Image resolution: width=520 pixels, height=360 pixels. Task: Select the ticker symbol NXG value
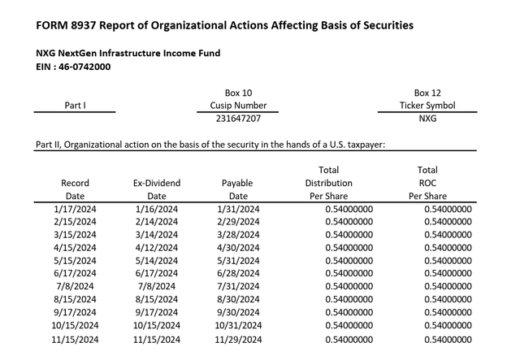tap(427, 119)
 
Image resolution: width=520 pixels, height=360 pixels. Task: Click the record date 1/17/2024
tap(75, 209)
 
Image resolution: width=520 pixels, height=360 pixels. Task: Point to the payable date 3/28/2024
tap(238, 235)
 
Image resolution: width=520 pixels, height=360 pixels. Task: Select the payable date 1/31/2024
tap(238, 209)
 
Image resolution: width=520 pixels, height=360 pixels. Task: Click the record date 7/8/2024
tap(75, 286)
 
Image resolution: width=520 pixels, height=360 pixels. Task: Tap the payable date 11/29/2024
tap(238, 338)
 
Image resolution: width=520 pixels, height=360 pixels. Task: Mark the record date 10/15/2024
tap(75, 325)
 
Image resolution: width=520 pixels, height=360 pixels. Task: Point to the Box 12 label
tap(427, 93)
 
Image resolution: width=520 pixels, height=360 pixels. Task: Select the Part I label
tap(76, 106)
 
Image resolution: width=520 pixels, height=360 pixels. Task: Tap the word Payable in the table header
tap(238, 184)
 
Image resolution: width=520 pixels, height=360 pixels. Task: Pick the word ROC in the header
tap(427, 184)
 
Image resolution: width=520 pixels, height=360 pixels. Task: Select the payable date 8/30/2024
tap(238, 299)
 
